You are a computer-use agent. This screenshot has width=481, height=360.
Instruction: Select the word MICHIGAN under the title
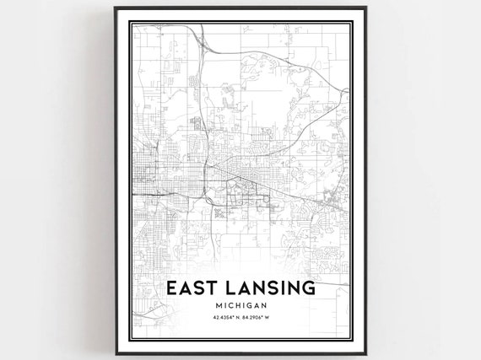click(x=240, y=305)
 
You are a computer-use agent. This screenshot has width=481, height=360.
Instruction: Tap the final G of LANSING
click(x=308, y=287)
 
